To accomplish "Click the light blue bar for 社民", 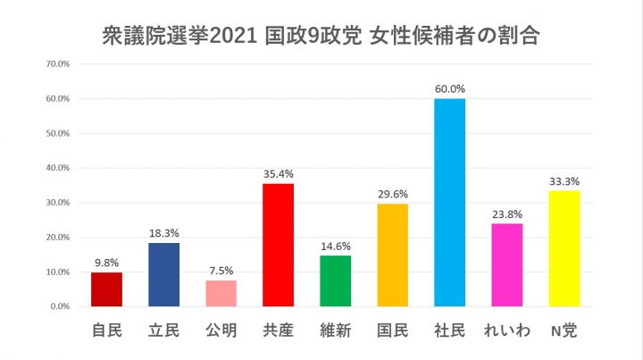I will coord(449,202).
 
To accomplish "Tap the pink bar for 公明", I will coord(221,293).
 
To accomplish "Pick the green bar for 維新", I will coord(335,280).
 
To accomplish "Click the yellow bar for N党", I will coord(564,248).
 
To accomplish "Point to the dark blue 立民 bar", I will coord(163,274).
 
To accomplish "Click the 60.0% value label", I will coord(450,89).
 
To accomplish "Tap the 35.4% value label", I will coord(279,174).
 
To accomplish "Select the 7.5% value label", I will coord(221,271).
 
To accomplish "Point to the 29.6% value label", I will coord(393,194).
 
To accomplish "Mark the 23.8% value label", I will coord(506,214).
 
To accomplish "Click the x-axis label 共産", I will coord(278,331).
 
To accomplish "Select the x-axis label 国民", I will coord(392,331).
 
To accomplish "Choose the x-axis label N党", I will coord(564,331).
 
